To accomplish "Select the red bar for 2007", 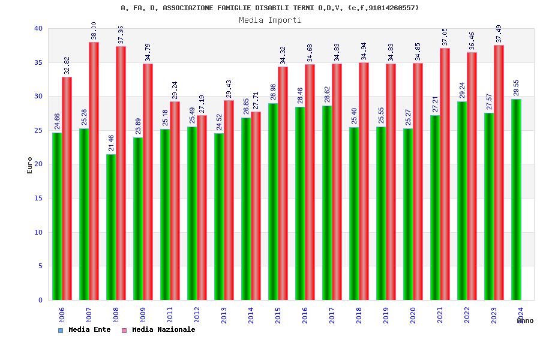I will pos(94,171).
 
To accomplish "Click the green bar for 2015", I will pos(273,202).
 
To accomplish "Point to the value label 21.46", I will pos(111,143).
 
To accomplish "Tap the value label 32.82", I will pos(67,65).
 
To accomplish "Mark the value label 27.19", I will pos(202,104).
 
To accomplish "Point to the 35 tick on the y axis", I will pos(38,62).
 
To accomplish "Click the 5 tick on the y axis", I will pos(40,266).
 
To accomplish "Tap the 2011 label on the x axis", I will pos(170,315).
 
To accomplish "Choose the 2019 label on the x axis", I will pos(386,315).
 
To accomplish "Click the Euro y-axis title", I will pos(30,165).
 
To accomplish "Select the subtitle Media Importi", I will pos(270,20).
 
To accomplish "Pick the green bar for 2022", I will pos(462,200).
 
